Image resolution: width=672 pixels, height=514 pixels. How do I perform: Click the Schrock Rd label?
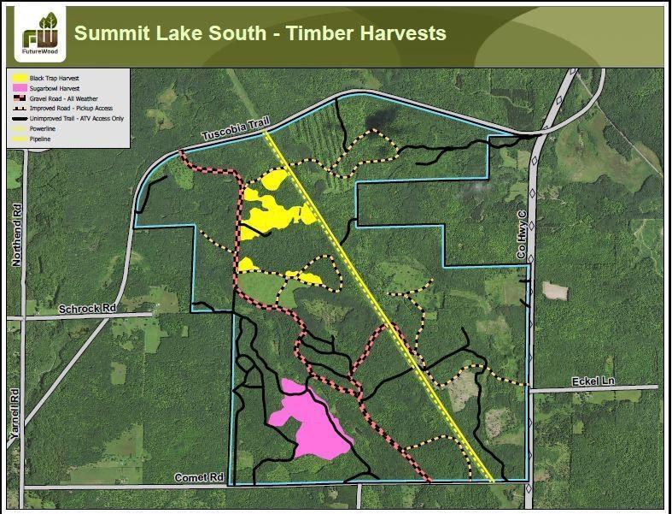86,308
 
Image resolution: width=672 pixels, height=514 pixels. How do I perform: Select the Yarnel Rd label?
15,415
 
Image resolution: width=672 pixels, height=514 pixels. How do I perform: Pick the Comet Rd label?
198,477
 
